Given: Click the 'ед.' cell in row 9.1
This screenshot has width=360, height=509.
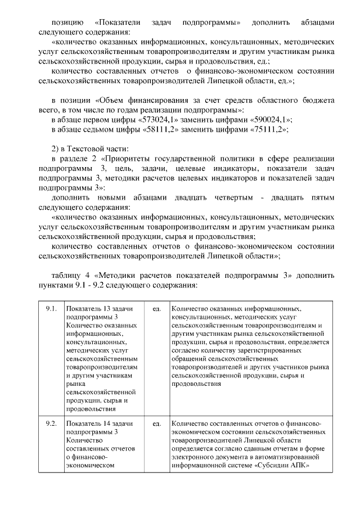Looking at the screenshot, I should click(x=156, y=309).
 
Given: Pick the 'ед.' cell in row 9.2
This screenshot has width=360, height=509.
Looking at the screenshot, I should click(x=156, y=423).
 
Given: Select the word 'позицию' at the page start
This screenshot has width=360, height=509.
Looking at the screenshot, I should click(x=66, y=23).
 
